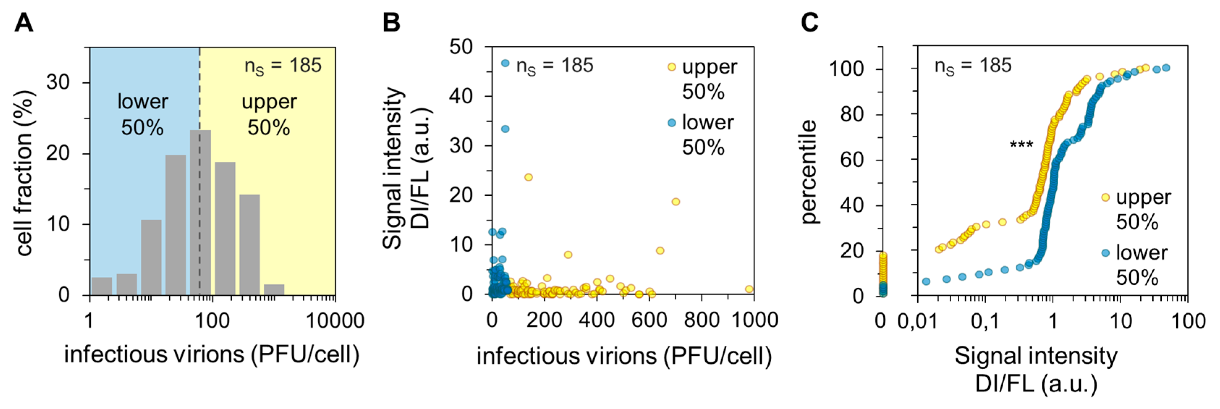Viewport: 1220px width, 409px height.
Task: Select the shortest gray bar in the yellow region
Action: pyautogui.click(x=274, y=290)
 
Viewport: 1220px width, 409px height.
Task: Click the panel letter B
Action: pyautogui.click(x=391, y=23)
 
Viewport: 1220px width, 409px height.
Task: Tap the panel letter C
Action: pyautogui.click(x=809, y=23)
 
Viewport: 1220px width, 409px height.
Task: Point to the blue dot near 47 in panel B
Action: pyautogui.click(x=505, y=63)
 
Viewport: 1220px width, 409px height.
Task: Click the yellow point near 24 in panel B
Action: pyautogui.click(x=528, y=177)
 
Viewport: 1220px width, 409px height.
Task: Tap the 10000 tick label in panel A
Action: pyautogui.click(x=335, y=321)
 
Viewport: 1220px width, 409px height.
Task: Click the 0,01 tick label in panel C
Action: pyautogui.click(x=917, y=321)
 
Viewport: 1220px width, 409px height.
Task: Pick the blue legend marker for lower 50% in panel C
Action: pyautogui.click(x=1105, y=253)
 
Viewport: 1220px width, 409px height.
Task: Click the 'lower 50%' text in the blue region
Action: pyautogui.click(x=143, y=114)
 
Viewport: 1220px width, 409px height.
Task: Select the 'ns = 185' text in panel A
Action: pyautogui.click(x=283, y=66)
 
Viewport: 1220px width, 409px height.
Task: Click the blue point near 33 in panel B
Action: pyautogui.click(x=505, y=129)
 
